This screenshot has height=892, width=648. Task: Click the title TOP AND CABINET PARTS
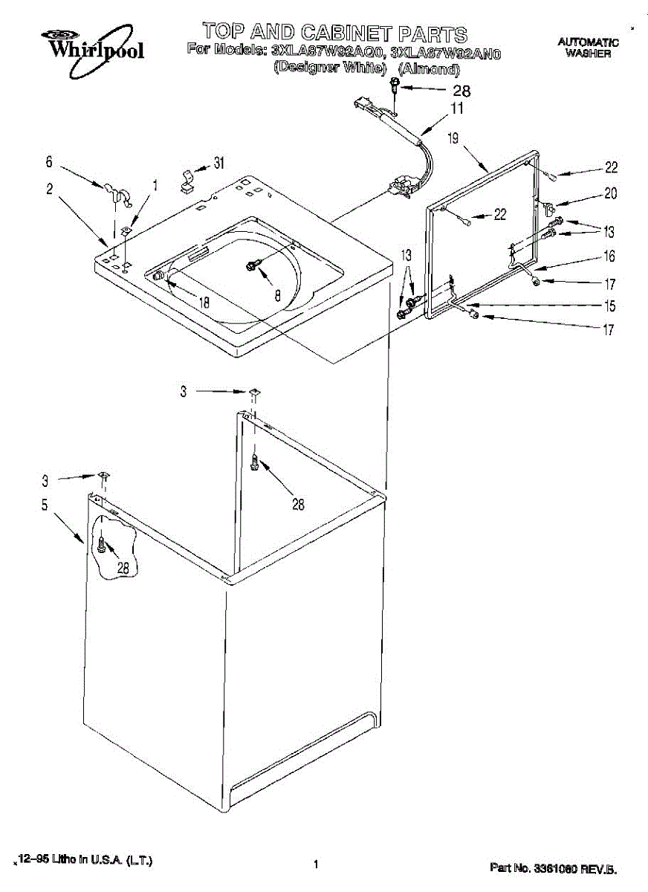click(x=335, y=33)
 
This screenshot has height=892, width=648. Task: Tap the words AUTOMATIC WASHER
click(x=588, y=48)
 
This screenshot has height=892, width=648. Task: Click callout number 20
click(x=610, y=193)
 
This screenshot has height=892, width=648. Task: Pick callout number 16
click(x=609, y=256)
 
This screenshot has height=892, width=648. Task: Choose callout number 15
click(x=609, y=305)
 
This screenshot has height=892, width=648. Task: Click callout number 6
click(x=49, y=161)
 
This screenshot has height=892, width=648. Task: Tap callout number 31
click(x=218, y=163)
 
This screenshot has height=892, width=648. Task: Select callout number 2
click(x=49, y=190)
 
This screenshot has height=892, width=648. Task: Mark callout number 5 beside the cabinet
click(x=45, y=505)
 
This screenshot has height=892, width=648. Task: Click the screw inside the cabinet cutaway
click(x=100, y=548)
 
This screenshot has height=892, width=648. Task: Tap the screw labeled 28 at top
click(x=395, y=91)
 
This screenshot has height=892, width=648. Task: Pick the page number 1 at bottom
click(x=316, y=864)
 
